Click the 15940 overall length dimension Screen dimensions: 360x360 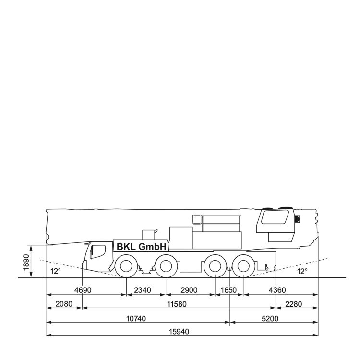[x=179, y=332]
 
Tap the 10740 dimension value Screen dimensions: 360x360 [x=136, y=319]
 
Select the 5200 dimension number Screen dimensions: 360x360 [x=270, y=319]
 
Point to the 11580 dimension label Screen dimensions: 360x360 [x=177, y=304]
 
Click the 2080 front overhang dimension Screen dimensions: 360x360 [x=64, y=304]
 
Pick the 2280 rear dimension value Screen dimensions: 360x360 [x=294, y=304]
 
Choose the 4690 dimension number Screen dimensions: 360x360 [x=83, y=290]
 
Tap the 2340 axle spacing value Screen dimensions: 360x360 [x=143, y=290]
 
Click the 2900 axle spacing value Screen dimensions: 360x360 [x=189, y=290]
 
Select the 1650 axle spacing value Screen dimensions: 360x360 [x=228, y=290]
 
